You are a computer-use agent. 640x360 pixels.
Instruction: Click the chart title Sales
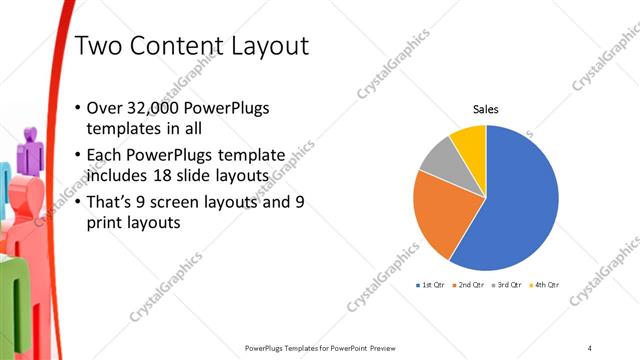click(485, 109)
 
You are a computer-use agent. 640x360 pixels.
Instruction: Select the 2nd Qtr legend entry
click(470, 285)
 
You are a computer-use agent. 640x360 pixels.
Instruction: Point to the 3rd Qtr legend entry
click(507, 285)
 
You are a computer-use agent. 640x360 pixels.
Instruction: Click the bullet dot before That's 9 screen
click(79, 203)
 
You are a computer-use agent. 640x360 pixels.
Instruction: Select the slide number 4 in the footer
click(589, 347)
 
